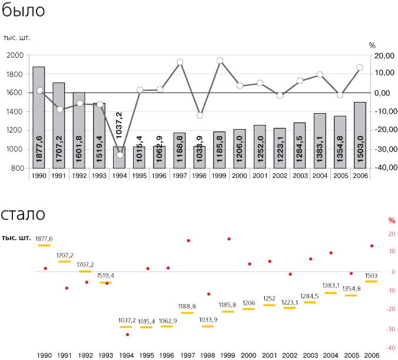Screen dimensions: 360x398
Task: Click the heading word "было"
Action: pyautogui.click(x=23, y=11)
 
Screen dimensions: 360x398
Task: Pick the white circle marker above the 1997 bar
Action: pyautogui.click(x=180, y=62)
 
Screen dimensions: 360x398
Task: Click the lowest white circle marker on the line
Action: pyautogui.click(x=120, y=155)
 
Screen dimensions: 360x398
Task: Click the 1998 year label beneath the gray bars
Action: pyautogui.click(x=200, y=176)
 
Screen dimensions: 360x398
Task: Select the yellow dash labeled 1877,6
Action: pyautogui.click(x=44, y=245)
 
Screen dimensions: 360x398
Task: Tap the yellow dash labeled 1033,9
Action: pyautogui.click(x=208, y=326)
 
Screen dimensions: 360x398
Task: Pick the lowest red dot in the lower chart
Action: pyautogui.click(x=127, y=335)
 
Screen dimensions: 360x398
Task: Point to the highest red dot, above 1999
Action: pyautogui.click(x=229, y=239)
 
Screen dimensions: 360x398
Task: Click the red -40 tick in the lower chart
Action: pyautogui.click(x=392, y=348)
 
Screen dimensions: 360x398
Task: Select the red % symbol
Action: pyautogui.click(x=392, y=221)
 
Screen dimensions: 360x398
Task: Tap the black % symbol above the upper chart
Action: pyautogui.click(x=372, y=45)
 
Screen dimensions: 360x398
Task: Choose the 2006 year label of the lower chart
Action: pyautogui.click(x=372, y=355)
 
